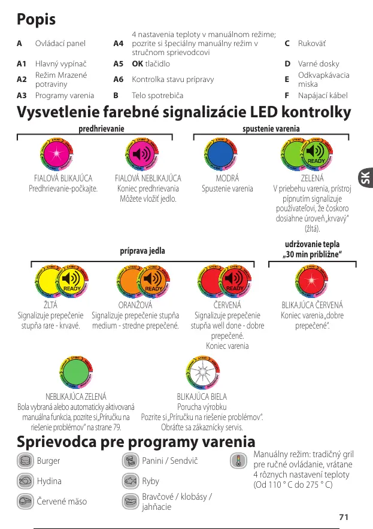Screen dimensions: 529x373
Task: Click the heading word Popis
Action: pyautogui.click(x=37, y=19)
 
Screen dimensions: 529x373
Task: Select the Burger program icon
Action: pyautogui.click(x=25, y=461)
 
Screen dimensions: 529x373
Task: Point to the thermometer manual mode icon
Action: pyautogui.click(x=238, y=461)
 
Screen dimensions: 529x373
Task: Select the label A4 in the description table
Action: pyautogui.click(x=118, y=44)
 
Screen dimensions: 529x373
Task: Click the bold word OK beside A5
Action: pyautogui.click(x=138, y=63)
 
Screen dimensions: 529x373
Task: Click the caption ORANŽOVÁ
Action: pyautogui.click(x=135, y=305)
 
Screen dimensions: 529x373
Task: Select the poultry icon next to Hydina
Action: pyautogui.click(x=25, y=481)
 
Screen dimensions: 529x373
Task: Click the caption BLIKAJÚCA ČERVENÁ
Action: pyautogui.click(x=312, y=305)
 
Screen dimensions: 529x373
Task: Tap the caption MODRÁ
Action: pyautogui.click(x=227, y=178)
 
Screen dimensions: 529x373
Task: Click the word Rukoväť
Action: pyautogui.click(x=313, y=44)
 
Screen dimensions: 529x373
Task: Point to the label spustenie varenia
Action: pyautogui.click(x=271, y=129)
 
